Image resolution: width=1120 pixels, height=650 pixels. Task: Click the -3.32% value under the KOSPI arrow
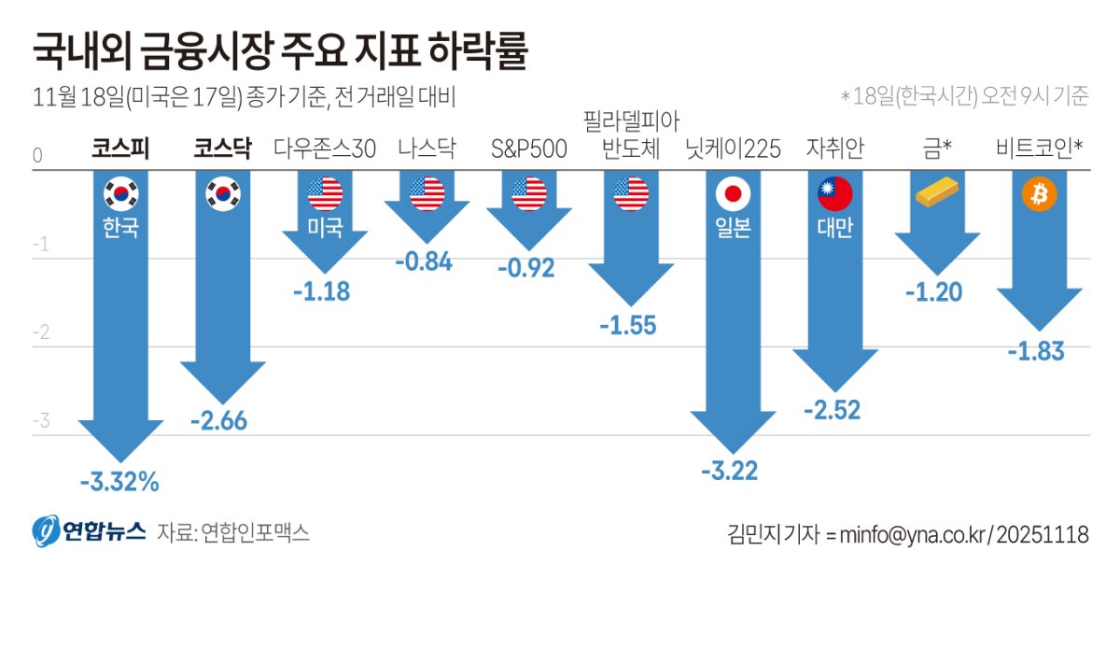(119, 483)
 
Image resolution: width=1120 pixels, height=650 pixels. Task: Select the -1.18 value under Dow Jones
(321, 291)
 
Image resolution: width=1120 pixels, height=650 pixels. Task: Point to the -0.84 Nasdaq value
(424, 262)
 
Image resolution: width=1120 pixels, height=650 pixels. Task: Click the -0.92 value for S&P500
(525, 269)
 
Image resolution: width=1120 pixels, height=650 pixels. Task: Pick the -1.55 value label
(627, 326)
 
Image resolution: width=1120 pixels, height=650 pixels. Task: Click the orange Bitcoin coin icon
(1039, 194)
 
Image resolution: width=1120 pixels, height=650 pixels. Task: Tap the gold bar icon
(937, 193)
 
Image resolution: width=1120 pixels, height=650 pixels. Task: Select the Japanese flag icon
(733, 194)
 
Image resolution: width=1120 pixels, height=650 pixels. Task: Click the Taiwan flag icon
(835, 194)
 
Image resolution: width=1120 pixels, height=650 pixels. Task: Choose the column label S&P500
(529, 149)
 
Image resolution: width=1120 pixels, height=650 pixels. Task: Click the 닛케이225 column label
(733, 149)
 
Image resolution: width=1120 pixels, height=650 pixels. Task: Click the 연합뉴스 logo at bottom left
(90, 532)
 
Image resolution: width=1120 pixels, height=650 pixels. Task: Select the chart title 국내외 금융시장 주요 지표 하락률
(280, 52)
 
